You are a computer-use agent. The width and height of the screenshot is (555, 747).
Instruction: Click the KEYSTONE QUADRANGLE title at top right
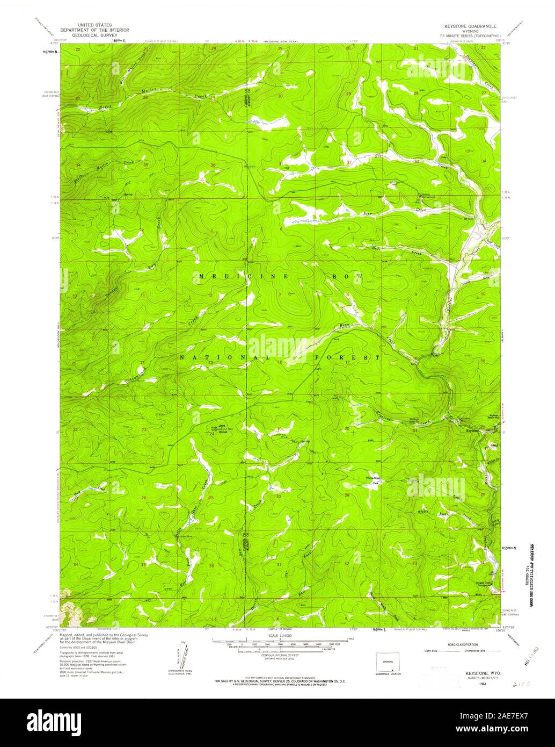pos(470,25)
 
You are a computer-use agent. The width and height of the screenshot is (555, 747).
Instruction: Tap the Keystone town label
pos(472,431)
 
